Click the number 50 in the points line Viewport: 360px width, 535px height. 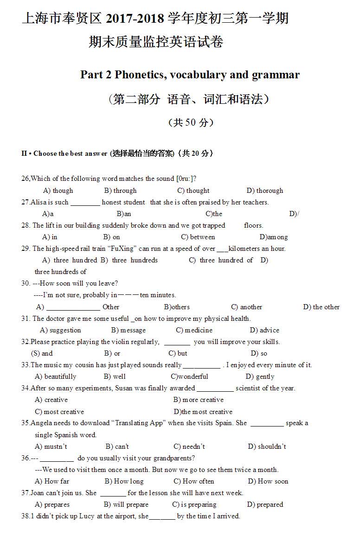click(x=190, y=123)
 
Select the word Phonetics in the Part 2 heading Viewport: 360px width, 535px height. click(x=141, y=75)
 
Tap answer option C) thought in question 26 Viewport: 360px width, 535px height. click(x=193, y=191)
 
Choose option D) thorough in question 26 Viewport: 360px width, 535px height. click(x=264, y=191)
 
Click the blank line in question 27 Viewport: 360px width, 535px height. click(x=85, y=203)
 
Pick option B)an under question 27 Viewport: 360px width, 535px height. click(x=124, y=214)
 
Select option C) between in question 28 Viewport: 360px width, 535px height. click(x=198, y=237)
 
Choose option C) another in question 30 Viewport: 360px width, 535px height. click(x=246, y=307)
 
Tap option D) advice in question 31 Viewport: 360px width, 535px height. click(x=264, y=330)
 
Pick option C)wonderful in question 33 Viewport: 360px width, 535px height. click(x=189, y=376)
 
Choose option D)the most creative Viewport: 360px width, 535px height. click(x=203, y=412)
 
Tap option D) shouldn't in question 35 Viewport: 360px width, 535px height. click(x=267, y=446)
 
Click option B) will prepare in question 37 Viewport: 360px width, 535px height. click(x=126, y=504)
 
